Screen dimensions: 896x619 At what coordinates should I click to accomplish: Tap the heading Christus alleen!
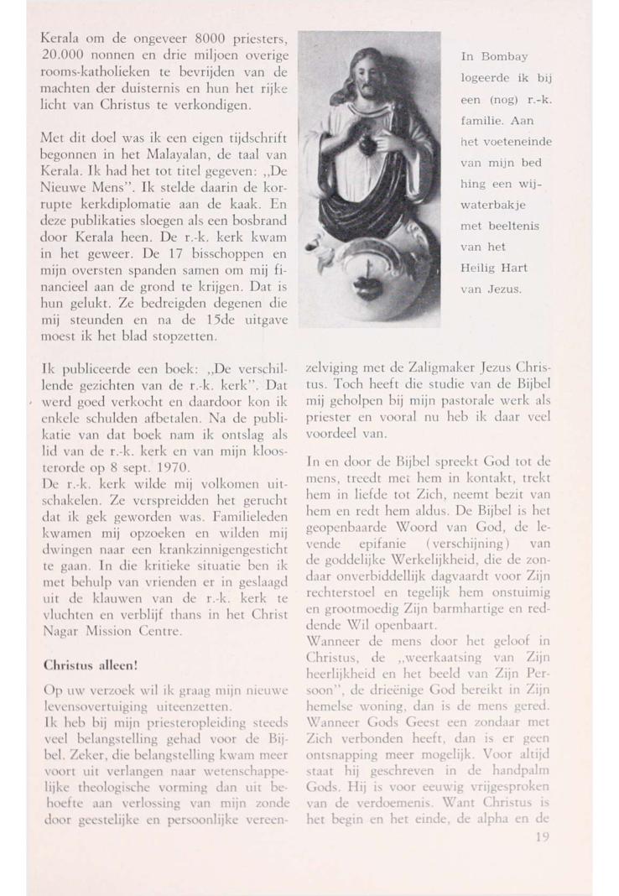tap(86, 667)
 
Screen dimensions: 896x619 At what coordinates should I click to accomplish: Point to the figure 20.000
tap(65, 55)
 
